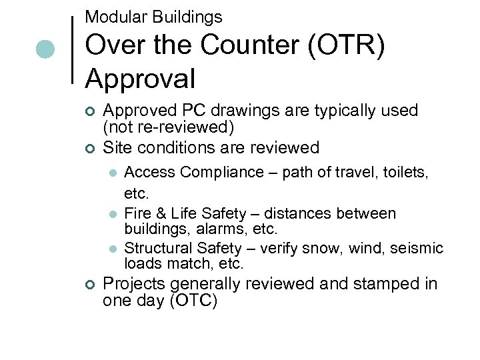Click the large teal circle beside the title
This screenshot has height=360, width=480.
tap(45, 49)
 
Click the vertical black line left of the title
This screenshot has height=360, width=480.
tap(72, 49)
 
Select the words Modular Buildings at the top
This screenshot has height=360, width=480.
tap(153, 17)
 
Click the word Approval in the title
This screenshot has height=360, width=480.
tap(140, 79)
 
